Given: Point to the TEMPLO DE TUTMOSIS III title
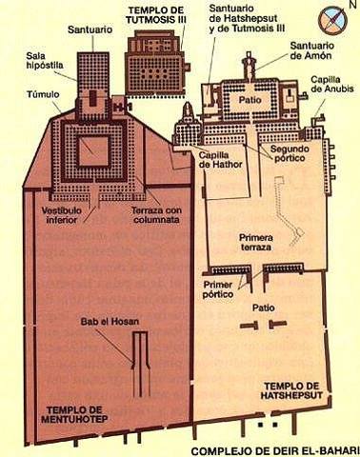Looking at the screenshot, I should point(158,15).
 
